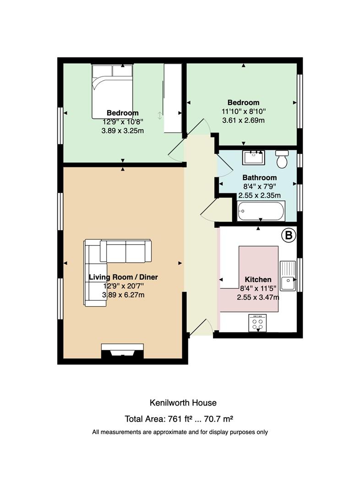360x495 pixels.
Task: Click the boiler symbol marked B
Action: [x=289, y=235]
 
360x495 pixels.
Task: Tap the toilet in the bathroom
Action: [x=282, y=159]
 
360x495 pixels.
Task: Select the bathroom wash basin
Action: [x=253, y=158]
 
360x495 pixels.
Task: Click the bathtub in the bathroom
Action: [x=261, y=211]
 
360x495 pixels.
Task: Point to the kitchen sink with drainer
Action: [x=288, y=275]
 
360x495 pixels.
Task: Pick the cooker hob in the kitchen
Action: [x=257, y=323]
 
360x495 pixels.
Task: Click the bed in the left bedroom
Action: [x=112, y=91]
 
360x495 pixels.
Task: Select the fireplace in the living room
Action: [x=122, y=351]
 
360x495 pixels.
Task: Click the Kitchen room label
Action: [x=258, y=280]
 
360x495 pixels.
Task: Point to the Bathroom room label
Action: [x=259, y=177]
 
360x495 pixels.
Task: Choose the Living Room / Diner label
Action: [x=123, y=277]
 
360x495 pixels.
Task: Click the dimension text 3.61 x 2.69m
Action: [x=243, y=120]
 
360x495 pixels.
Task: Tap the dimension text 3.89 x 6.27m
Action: [x=123, y=295]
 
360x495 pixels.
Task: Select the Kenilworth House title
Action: [x=183, y=403]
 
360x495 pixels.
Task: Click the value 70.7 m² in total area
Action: [x=218, y=419]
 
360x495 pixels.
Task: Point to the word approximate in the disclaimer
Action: [x=170, y=432]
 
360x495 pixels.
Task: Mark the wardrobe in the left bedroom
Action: [x=173, y=98]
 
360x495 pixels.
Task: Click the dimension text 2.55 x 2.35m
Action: [x=259, y=195]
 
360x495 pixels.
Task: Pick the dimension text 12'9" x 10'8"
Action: [x=123, y=121]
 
